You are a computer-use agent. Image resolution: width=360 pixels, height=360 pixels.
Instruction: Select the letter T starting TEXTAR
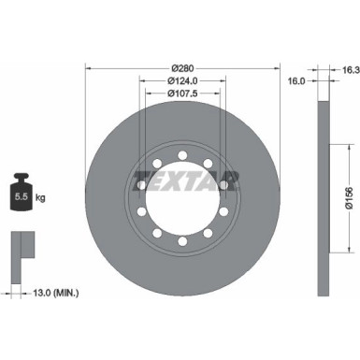coord(139,180)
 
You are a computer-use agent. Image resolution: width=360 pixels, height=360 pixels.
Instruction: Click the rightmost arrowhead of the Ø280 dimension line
coord(278,69)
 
